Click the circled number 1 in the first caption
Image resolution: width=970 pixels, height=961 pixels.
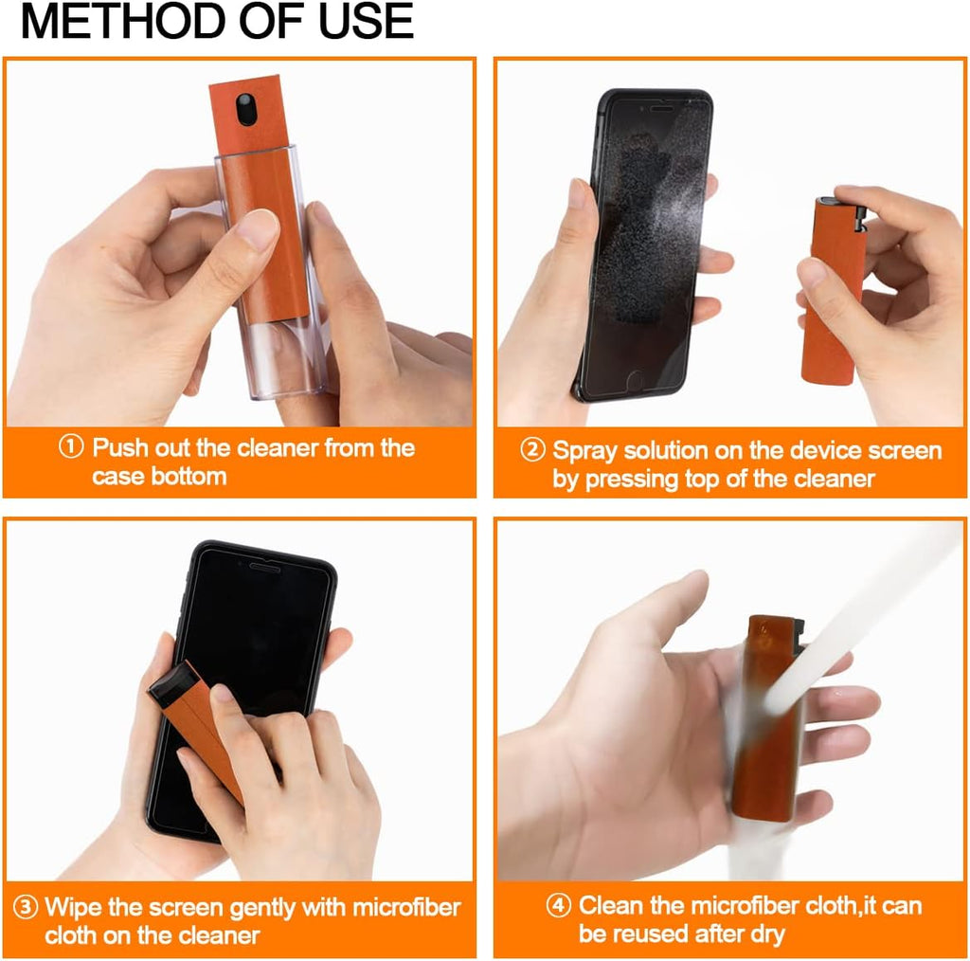[x=72, y=447]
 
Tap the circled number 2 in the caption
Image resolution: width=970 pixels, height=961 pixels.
[x=532, y=450]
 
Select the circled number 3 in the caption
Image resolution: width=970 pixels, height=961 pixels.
[x=28, y=907]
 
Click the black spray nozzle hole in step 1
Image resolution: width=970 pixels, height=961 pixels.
[x=246, y=110]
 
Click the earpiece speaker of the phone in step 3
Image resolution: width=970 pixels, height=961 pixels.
[x=264, y=567]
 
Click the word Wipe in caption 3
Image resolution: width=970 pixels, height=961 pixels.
[x=74, y=907]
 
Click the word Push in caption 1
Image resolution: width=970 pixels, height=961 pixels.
[x=118, y=447]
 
